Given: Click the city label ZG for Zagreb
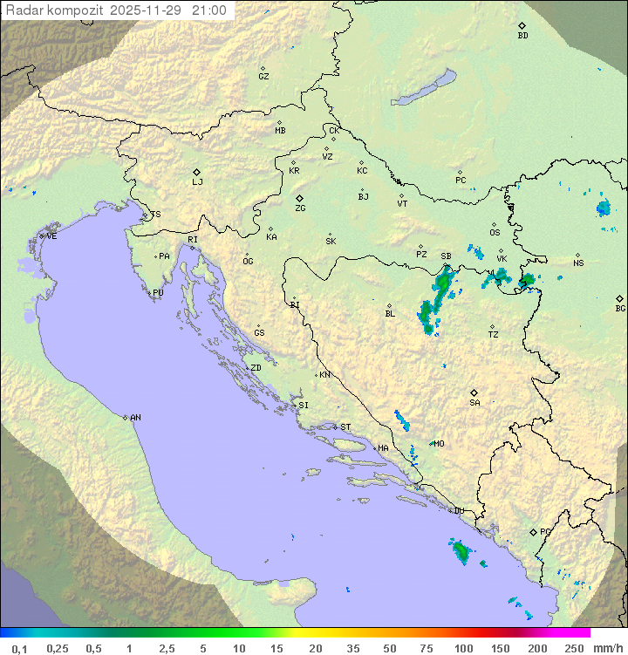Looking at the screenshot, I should click(x=300, y=208).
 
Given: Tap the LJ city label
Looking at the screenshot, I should click(x=197, y=182).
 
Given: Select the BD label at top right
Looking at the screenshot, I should click(x=522, y=36).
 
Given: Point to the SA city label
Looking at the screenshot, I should click(x=474, y=403).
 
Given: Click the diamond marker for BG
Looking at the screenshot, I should click(x=619, y=298).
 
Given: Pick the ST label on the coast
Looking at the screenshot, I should click(x=345, y=427).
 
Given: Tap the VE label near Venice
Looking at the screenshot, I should click(x=51, y=236).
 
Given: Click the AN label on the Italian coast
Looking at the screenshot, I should click(x=135, y=418).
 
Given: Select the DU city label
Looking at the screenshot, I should click(x=458, y=511).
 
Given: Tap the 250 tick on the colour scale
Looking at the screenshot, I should click(x=574, y=648).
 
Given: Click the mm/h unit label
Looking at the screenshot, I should click(x=607, y=648).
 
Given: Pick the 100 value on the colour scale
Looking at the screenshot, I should click(x=464, y=648).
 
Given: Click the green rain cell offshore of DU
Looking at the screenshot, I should click(x=461, y=551).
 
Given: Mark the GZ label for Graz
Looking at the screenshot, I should click(x=263, y=76).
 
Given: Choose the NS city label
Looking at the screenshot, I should click(x=578, y=263).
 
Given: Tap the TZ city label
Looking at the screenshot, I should click(x=493, y=334).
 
